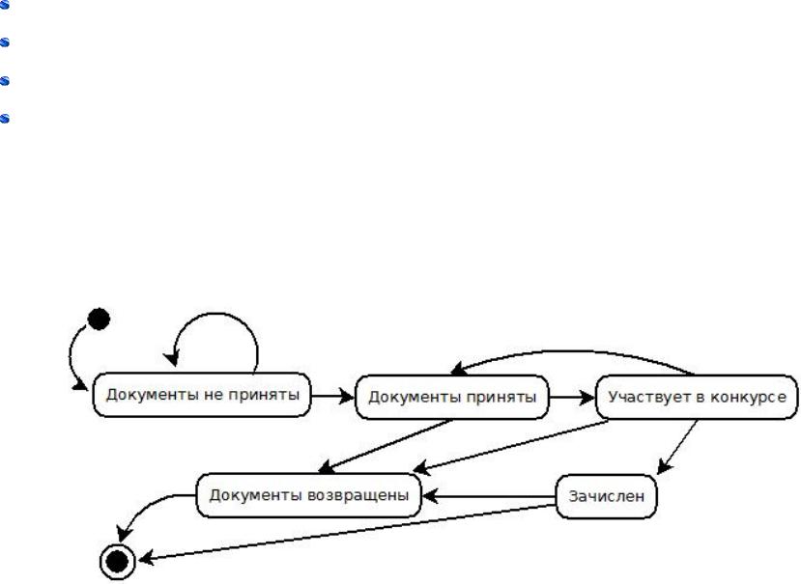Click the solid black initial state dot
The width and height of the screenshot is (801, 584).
[98, 318]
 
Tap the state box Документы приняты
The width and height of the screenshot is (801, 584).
[451, 396]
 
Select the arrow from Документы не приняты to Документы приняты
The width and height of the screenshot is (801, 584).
[334, 396]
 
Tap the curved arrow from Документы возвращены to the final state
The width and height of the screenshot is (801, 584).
[150, 507]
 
